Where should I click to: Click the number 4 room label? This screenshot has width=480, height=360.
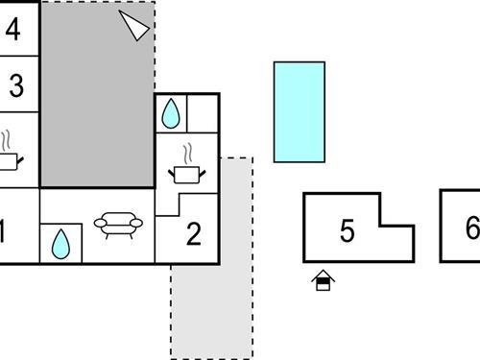pyautogui.click(x=12, y=29)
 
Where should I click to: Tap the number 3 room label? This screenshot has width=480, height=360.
pyautogui.click(x=15, y=85)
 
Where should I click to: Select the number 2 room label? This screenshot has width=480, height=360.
pyautogui.click(x=194, y=234)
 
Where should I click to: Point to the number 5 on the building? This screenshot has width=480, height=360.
pyautogui.click(x=348, y=231)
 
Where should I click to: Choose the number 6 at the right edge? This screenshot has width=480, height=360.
pyautogui.click(x=471, y=228)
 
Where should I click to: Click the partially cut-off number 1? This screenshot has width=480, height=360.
pyautogui.click(x=4, y=230)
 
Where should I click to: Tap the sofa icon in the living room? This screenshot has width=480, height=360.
pyautogui.click(x=118, y=224)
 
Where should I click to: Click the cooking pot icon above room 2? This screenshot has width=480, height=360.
pyautogui.click(x=187, y=173)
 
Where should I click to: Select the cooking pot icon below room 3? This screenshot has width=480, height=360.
pyautogui.click(x=8, y=161)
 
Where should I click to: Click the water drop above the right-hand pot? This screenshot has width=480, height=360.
pyautogui.click(x=171, y=113)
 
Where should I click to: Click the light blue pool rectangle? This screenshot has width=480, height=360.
pyautogui.click(x=299, y=111)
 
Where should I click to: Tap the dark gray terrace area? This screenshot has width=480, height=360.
pyautogui.click(x=96, y=106)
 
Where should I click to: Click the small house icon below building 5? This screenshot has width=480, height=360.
pyautogui.click(x=324, y=280)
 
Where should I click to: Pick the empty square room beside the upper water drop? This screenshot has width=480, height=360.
pyautogui.click(x=203, y=112)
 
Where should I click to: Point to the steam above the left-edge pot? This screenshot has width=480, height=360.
pyautogui.click(x=6, y=139)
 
